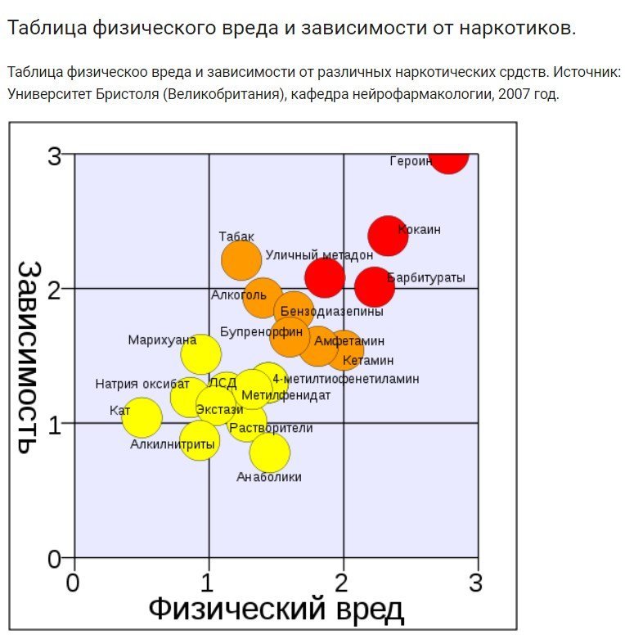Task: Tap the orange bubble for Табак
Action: [241, 260]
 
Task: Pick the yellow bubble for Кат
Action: [142, 417]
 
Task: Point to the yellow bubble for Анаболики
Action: [269, 451]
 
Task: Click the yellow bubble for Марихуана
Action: [200, 354]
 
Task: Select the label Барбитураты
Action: [426, 278]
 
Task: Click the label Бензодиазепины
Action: [331, 312]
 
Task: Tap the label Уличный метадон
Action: [319, 256]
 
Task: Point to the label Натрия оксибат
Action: [142, 384]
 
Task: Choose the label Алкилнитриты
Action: [173, 443]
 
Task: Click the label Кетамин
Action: [368, 360]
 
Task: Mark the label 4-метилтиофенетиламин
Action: [345, 379]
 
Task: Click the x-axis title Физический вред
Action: [276, 610]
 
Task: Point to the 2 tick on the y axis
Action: [55, 290]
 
